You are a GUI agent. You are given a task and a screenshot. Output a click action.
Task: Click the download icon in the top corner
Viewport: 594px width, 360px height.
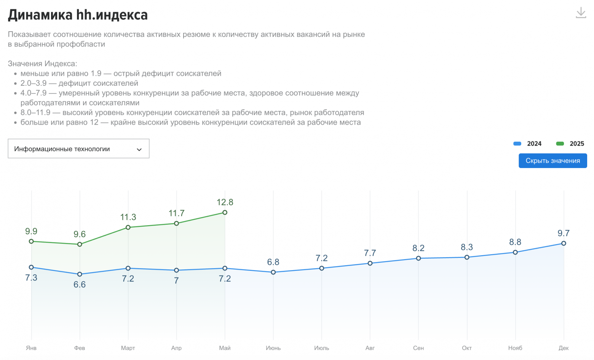click(581, 13)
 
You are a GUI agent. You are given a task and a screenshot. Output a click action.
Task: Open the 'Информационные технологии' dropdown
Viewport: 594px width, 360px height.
click(78, 149)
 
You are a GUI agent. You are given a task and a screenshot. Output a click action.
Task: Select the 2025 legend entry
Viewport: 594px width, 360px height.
click(570, 144)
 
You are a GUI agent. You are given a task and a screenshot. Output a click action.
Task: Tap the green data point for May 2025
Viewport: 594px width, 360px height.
click(225, 213)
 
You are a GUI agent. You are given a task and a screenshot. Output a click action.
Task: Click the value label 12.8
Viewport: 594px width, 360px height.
click(225, 202)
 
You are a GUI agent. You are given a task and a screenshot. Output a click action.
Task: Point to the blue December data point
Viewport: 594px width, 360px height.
click(564, 243)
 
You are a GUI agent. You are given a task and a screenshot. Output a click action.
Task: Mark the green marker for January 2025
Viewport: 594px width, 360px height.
click(31, 242)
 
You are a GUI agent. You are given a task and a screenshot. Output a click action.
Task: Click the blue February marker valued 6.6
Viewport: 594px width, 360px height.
click(80, 274)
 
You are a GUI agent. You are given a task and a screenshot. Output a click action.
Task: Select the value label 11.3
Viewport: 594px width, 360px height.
click(128, 217)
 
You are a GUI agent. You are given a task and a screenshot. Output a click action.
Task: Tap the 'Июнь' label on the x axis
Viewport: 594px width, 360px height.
click(273, 348)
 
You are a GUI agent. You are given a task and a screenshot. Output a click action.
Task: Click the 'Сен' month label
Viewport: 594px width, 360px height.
click(418, 348)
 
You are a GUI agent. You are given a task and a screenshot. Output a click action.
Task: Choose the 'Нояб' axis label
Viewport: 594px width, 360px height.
click(515, 348)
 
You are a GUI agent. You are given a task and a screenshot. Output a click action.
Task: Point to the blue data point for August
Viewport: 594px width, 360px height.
click(370, 263)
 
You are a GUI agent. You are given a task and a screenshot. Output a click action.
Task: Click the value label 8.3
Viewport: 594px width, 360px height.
click(467, 247)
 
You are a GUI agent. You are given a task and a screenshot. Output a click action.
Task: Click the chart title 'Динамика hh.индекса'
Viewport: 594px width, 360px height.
click(78, 15)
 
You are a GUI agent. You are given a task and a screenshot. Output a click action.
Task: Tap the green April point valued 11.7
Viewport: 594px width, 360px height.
click(176, 224)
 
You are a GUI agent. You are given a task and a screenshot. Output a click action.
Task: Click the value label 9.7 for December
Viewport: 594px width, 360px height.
click(564, 233)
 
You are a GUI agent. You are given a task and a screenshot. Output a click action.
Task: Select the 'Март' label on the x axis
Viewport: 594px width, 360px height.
click(128, 348)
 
